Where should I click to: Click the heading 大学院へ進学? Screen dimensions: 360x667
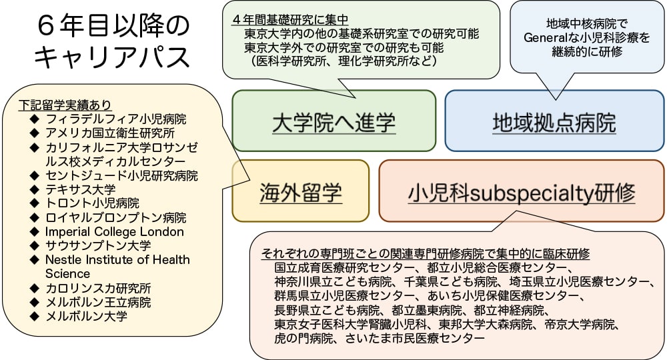coord(333,123)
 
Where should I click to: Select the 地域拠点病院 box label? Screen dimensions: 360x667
coord(554,123)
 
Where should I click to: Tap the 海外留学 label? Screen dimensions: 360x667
coord(300,193)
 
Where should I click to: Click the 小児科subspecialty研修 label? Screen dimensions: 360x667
coord(521,193)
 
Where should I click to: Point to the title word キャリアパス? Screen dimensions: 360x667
coord(111,57)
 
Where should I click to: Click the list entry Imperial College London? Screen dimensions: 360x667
coord(114,232)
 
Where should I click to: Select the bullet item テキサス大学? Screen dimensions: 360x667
coord(80,189)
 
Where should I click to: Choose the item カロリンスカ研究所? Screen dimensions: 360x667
coord(97,288)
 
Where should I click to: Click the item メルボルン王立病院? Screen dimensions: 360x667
coord(97,302)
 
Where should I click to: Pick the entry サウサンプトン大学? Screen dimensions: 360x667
coord(97,245)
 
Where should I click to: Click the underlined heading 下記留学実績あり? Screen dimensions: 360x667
coord(65,105)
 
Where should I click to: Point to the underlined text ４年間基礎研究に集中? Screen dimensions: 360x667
coord(290,20)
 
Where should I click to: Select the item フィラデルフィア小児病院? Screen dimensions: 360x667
coord(115,119)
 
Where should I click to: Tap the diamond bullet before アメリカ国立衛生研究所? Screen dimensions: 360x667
coord(34,133)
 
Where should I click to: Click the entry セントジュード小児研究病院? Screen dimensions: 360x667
coord(121,175)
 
